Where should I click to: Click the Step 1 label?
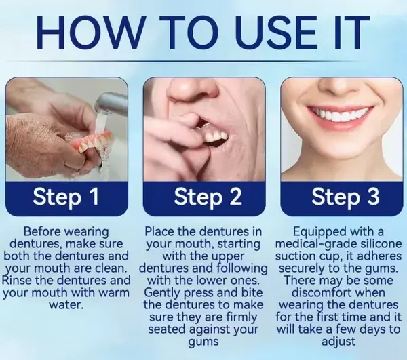66,197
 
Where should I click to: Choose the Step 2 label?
203,197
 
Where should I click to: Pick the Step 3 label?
340,197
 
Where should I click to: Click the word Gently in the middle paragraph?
165,292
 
